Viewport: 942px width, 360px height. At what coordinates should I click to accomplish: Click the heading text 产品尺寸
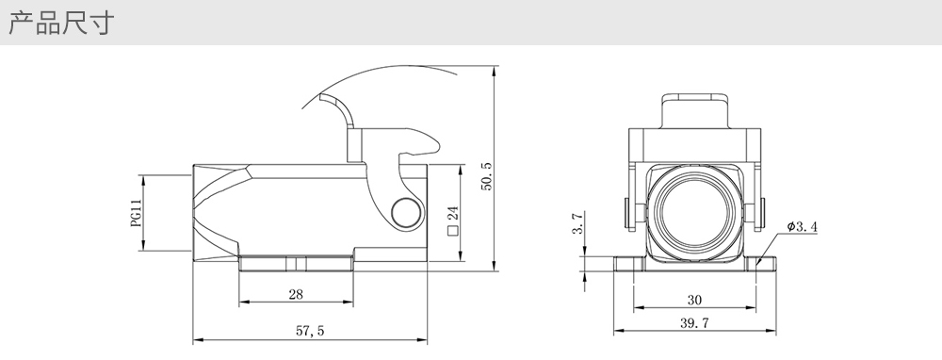[61, 23]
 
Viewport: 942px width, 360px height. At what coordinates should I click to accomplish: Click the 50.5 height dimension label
[487, 176]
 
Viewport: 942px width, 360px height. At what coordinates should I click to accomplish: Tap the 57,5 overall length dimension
[310, 331]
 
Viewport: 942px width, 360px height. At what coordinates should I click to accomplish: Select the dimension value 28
[296, 294]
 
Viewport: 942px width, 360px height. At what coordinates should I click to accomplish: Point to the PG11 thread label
[136, 213]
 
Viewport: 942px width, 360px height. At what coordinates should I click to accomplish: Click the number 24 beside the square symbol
[453, 214]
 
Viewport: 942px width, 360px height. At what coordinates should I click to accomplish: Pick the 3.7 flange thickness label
[577, 223]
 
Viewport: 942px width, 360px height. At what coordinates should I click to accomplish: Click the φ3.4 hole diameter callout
[802, 226]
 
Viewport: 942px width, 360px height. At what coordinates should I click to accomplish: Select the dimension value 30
[694, 300]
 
